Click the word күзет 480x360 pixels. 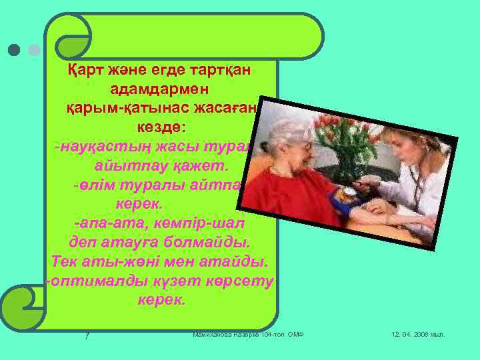[172, 281]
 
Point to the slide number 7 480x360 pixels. [87, 335]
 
